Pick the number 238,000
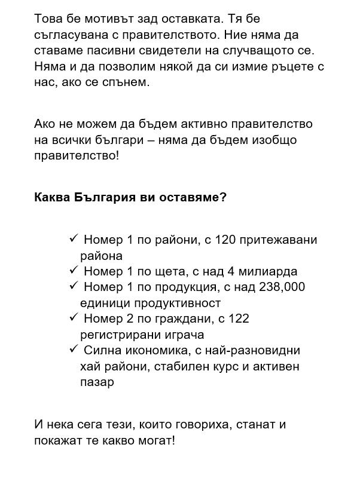[282, 287]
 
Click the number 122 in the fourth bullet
[239, 318]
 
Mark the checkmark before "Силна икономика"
[74, 348]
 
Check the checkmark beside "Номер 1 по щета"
[74, 270]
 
